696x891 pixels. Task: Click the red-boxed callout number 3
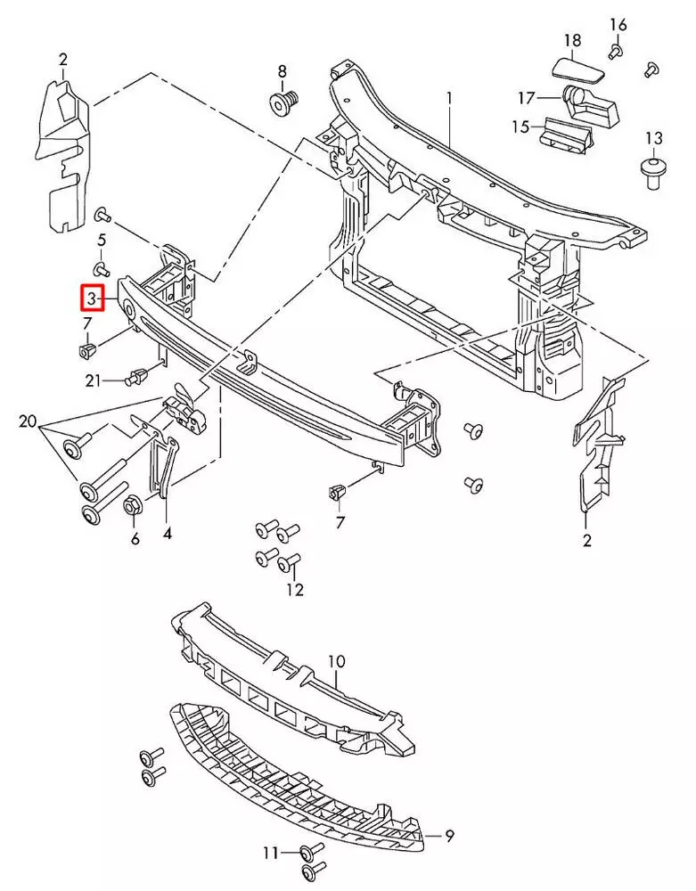(92, 298)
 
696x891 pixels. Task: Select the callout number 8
(282, 71)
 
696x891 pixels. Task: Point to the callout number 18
(572, 40)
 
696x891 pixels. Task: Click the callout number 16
(618, 24)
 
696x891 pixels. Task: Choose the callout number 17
(528, 97)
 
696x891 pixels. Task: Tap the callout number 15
(520, 127)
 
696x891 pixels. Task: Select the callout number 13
(654, 138)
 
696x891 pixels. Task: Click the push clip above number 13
(654, 169)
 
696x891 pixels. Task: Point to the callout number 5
(102, 240)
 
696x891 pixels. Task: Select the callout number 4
(168, 535)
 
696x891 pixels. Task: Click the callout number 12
(295, 589)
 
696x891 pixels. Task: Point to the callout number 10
(335, 661)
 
